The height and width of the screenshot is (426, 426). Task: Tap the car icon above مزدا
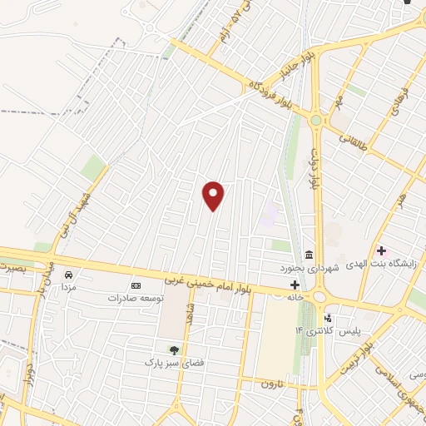click(x=69, y=274)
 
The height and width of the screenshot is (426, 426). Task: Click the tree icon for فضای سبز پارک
click(x=174, y=351)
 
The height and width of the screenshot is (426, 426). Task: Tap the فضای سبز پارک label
click(x=174, y=364)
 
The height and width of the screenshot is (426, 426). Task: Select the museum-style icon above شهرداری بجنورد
click(x=309, y=254)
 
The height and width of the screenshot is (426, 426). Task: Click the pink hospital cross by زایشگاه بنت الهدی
click(x=382, y=250)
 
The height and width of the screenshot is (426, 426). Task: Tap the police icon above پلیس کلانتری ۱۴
click(x=329, y=318)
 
